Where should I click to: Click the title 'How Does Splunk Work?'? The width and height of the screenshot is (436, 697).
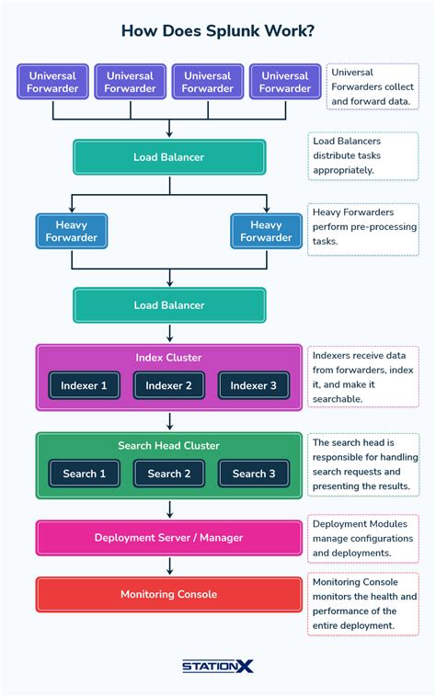[218, 31]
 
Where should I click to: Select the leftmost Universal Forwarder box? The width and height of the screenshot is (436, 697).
[52, 82]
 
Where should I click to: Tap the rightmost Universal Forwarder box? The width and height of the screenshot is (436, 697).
[284, 82]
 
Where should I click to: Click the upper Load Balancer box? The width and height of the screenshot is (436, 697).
[169, 157]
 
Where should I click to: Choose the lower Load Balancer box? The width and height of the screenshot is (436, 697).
[169, 305]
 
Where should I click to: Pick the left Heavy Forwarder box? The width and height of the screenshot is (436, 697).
[72, 232]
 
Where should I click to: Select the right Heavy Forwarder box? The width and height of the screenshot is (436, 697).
[266, 232]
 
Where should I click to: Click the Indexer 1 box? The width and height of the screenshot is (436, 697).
[85, 386]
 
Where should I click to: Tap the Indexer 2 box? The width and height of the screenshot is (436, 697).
[169, 386]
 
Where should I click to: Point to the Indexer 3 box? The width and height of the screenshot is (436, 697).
[254, 386]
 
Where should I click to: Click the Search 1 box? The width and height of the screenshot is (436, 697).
[85, 474]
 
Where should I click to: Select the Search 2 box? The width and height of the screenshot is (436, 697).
[169, 474]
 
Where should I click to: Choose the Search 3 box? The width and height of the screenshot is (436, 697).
[254, 474]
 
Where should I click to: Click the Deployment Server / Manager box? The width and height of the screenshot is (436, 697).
[169, 538]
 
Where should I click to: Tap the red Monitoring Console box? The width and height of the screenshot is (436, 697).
[169, 594]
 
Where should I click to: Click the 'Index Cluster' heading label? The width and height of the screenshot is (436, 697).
[169, 358]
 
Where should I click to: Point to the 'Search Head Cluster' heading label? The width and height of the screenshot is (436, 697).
[169, 446]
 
